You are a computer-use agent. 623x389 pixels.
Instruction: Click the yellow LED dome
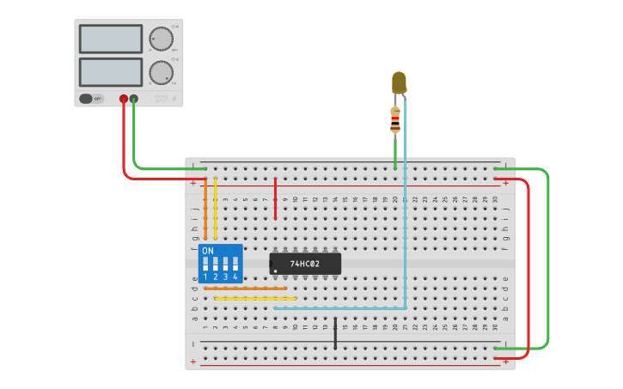click(x=399, y=82)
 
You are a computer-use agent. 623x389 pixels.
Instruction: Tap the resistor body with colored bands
click(x=395, y=120)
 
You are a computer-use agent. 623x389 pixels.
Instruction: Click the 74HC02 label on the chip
click(x=304, y=264)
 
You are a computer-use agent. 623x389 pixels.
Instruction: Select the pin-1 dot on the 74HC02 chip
click(x=275, y=271)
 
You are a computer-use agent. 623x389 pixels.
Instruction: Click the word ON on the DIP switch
click(x=208, y=251)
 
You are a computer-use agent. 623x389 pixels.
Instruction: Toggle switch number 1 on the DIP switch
click(x=205, y=264)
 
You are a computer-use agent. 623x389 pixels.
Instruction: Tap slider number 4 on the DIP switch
click(x=235, y=264)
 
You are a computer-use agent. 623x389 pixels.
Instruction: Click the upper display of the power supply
click(x=111, y=39)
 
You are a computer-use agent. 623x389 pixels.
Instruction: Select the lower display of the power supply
click(x=111, y=71)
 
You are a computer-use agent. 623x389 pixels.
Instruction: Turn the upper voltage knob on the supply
click(x=161, y=40)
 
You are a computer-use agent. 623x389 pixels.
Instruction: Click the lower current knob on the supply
click(x=161, y=72)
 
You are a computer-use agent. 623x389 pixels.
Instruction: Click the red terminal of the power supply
click(x=124, y=99)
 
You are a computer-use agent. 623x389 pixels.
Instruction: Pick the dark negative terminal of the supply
click(x=134, y=99)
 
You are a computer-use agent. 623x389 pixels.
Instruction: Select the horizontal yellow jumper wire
click(x=255, y=298)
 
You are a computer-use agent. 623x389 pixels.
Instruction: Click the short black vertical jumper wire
click(x=335, y=333)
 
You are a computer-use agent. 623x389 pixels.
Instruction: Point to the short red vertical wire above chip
click(x=275, y=198)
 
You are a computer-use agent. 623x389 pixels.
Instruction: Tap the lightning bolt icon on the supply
click(x=176, y=99)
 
